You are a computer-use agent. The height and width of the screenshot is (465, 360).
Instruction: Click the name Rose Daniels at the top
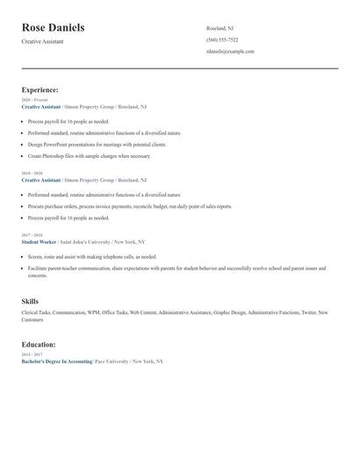pos(54,28)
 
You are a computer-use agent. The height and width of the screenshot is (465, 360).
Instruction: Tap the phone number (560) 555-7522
pos(222,39)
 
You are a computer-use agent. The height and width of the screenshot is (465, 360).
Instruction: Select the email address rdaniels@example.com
pos(230,52)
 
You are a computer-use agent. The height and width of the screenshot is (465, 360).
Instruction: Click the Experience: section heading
pos(40,89)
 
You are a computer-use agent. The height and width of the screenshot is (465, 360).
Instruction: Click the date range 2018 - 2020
pos(32,174)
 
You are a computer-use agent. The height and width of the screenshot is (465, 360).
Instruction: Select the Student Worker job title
pos(39,240)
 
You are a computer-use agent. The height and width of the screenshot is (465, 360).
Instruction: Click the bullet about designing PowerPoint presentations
pos(97,144)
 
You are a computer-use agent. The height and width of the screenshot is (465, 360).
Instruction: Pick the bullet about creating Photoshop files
pos(89,155)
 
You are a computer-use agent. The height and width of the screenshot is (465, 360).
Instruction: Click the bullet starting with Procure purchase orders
pos(130,206)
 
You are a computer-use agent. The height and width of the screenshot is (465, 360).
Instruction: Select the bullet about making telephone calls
pos(92,256)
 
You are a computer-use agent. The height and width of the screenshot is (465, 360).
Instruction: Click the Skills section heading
pos(31,301)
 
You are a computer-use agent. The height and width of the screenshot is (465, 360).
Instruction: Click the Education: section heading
pos(39,345)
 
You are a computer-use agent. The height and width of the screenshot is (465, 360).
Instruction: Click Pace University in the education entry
pos(111,361)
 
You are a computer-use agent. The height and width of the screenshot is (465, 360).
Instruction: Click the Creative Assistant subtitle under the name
pos(41,42)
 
